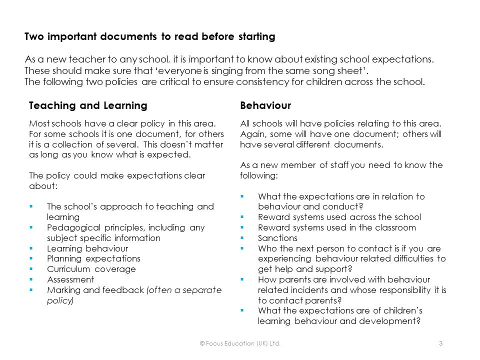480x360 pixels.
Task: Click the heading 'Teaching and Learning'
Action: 88,105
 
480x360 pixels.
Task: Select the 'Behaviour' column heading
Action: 265,105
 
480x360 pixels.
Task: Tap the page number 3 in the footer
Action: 440,343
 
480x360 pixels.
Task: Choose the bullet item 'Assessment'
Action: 70,279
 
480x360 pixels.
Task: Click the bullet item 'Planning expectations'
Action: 93,258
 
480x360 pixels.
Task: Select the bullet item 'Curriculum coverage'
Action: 91,269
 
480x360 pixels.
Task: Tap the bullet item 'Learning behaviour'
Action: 87,248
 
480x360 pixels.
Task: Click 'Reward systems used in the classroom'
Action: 336,227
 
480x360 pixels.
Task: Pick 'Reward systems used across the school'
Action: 339,217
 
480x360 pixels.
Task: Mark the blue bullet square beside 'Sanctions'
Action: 242,237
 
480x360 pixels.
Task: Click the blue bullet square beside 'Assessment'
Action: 31,279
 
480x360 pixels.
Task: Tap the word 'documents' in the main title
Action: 135,36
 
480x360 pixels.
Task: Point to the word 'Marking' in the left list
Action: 63,290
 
